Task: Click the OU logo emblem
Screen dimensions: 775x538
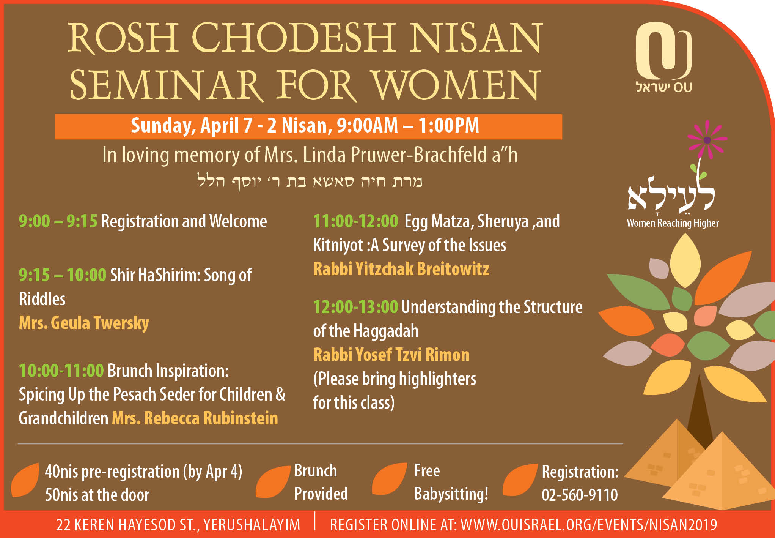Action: (x=663, y=51)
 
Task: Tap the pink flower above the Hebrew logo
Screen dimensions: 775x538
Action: (x=707, y=139)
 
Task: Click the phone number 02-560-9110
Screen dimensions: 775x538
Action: (x=580, y=495)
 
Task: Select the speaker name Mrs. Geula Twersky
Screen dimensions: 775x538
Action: (x=84, y=323)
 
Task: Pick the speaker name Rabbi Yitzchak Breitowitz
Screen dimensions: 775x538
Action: (x=401, y=269)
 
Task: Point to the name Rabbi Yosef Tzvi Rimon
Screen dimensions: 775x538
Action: (x=391, y=355)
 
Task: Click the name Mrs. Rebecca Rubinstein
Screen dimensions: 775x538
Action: (x=195, y=418)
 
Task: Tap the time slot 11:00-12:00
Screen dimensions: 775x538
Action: (x=355, y=221)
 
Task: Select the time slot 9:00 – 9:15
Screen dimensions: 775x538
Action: (x=58, y=221)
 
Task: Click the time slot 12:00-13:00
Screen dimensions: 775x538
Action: (x=355, y=307)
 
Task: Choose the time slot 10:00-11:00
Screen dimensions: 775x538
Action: (x=61, y=371)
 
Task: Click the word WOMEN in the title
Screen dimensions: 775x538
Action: (x=455, y=85)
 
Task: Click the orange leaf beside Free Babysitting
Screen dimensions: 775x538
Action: (x=389, y=479)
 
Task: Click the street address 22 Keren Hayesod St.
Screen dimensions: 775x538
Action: (x=178, y=525)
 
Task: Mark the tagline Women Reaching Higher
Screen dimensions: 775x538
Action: (x=673, y=223)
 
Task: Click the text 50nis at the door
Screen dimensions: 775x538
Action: (x=97, y=495)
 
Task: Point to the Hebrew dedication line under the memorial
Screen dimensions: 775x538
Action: (x=310, y=181)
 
